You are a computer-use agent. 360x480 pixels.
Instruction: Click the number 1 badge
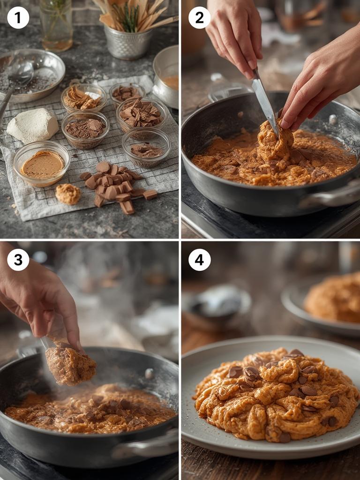pyautogui.click(x=18, y=18)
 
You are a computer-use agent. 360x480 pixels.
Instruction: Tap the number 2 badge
pyautogui.click(x=199, y=18)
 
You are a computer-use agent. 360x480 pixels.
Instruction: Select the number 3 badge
pyautogui.click(x=18, y=260)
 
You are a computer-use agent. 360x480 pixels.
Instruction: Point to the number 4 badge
pyautogui.click(x=199, y=260)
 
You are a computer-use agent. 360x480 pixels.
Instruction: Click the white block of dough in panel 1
pyautogui.click(x=32, y=125)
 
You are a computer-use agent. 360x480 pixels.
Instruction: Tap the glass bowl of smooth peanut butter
pyautogui.click(x=42, y=164)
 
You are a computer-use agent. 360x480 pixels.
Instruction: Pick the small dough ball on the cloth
pyautogui.click(x=68, y=194)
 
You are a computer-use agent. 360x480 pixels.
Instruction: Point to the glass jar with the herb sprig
pyautogui.click(x=56, y=26)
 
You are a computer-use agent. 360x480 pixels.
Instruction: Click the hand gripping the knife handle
pyautogui.click(x=234, y=37)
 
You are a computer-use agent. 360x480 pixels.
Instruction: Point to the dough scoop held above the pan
pyautogui.click(x=70, y=364)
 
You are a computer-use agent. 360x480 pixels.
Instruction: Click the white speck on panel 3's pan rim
pyautogui.click(x=149, y=373)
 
